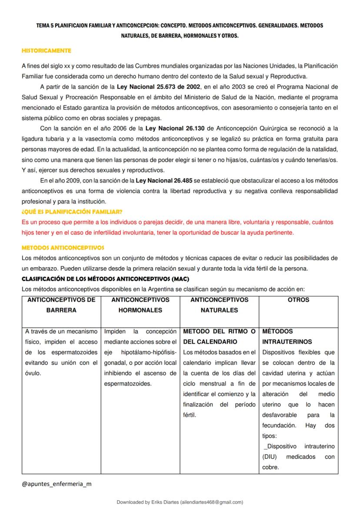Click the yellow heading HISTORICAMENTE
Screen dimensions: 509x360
pos(47,51)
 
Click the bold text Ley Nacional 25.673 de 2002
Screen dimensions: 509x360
pos(158,86)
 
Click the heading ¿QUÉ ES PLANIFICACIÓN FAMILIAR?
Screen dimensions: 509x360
pos(72,212)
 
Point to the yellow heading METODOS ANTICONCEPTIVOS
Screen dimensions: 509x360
pos(63,248)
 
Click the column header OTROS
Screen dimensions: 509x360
pos(299,300)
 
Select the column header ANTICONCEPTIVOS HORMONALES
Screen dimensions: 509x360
pos(140,305)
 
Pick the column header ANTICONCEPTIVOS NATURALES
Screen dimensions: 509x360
pos(219,305)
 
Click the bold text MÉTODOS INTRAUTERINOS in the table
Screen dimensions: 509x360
pos(287,336)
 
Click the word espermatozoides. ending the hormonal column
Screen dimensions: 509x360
pos(128,383)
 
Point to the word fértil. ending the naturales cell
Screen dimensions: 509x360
pos(190,415)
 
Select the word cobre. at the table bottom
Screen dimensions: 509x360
pos(270,467)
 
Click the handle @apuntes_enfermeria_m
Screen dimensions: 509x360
pos(56,484)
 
